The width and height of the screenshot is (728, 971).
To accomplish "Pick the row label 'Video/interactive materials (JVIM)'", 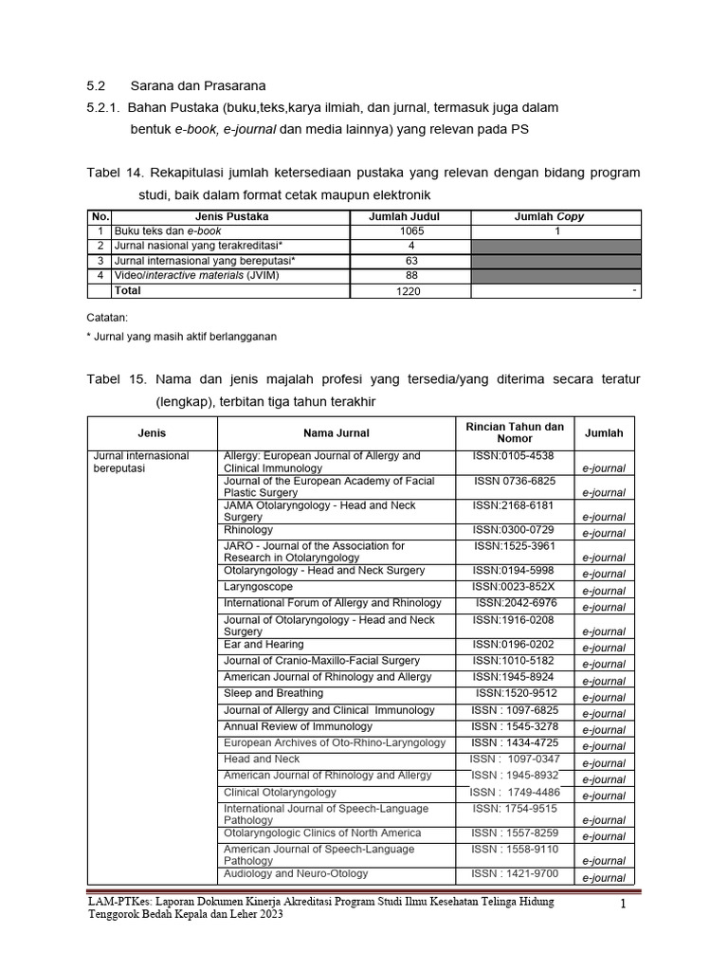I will (197, 276).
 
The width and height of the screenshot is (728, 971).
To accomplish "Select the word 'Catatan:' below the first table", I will (107, 318).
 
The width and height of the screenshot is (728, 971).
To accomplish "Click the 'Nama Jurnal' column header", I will (331, 432).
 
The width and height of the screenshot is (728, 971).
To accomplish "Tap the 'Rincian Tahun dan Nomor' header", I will (515, 432).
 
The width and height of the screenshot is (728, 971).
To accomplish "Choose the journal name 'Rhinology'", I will (248, 530).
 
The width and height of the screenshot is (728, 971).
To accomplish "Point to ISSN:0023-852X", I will (514, 587).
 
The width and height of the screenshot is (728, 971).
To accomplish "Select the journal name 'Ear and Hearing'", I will (264, 644).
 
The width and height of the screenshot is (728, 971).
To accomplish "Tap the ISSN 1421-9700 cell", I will (515, 873).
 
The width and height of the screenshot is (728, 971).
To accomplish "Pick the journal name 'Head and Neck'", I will (262, 759).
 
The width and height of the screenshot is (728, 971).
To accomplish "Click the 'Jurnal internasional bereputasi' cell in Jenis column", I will (141, 462).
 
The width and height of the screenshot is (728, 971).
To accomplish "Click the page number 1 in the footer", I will (624, 905).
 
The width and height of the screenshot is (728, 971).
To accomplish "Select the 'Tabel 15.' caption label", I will (115, 379).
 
